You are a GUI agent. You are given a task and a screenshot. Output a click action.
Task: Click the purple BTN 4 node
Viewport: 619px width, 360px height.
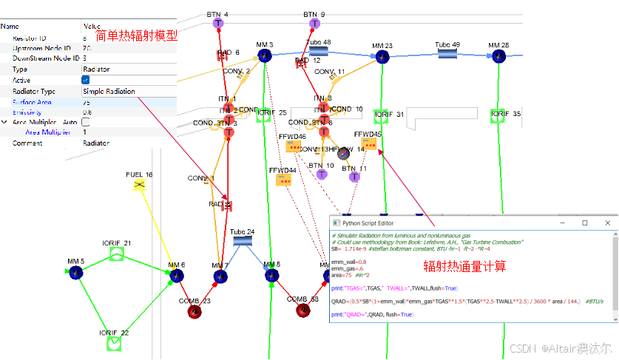217,24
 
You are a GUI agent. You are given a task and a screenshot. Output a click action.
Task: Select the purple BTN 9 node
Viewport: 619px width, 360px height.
314,24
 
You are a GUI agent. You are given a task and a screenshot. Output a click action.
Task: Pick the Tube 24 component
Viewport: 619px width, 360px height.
242,241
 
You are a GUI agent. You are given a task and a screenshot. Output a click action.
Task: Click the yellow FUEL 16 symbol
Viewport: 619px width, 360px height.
139,185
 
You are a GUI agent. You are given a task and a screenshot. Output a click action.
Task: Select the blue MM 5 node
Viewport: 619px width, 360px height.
78,273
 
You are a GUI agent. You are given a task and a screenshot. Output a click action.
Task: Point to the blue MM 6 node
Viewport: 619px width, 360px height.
176,276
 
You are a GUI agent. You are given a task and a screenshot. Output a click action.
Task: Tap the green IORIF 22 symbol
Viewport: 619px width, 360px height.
114,344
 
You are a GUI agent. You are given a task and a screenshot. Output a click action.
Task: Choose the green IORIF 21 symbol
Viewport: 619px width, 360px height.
117,254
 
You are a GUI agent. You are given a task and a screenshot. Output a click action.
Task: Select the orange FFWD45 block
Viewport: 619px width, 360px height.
368,144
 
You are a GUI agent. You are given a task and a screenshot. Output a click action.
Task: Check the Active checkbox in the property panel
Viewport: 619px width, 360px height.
86,80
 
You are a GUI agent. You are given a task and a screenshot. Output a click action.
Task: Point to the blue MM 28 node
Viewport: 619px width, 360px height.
499,55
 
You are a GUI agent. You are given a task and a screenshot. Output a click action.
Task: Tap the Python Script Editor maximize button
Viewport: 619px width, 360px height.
584,223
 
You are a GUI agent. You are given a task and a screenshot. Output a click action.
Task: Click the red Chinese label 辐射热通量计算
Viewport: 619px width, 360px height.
464,266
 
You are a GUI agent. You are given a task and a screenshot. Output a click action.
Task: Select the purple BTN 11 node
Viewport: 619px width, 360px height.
354,177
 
